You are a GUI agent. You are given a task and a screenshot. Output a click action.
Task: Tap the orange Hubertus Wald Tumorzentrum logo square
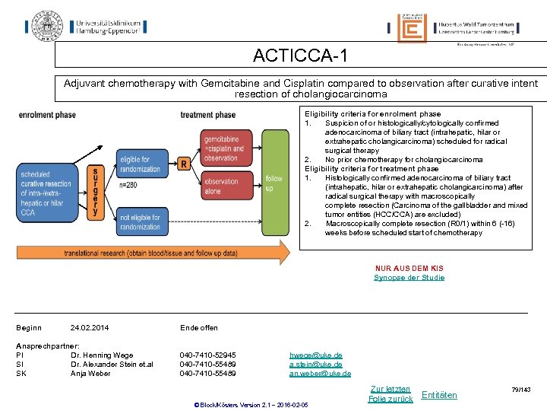(412, 28)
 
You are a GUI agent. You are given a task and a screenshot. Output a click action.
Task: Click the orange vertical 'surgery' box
(95, 193)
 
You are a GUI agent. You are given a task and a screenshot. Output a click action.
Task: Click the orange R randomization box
(183, 164)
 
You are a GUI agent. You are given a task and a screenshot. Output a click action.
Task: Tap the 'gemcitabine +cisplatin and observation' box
(222, 148)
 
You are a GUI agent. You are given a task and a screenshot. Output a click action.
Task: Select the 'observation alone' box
(222, 186)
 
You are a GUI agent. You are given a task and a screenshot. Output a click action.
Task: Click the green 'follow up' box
(273, 183)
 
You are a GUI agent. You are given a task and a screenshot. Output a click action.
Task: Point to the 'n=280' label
(128, 185)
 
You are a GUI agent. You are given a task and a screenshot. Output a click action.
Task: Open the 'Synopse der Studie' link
(409, 278)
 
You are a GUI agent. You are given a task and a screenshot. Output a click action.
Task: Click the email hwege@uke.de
(316, 355)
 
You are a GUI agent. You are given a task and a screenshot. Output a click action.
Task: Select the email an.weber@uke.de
(320, 374)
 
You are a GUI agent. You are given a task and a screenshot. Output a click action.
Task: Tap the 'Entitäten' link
(439, 394)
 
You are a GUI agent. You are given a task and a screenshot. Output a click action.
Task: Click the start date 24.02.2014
(90, 328)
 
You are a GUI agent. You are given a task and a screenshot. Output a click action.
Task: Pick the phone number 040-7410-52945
(207, 355)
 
